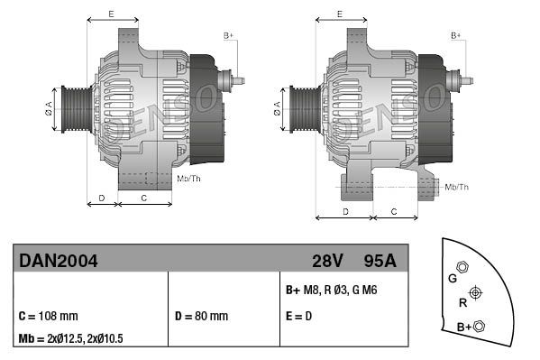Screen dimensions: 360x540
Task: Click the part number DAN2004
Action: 59,261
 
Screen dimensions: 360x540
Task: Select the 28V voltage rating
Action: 327,261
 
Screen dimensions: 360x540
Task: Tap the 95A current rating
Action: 380,261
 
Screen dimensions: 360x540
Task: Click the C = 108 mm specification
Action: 49,317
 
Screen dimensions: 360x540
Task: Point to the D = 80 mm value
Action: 201,317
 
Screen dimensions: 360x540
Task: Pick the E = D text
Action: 301,317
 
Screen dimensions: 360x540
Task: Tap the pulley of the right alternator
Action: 300,109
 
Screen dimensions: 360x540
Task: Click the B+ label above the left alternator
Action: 228,35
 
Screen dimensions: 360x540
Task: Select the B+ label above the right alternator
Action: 456,35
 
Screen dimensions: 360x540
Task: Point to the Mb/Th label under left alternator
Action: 189,178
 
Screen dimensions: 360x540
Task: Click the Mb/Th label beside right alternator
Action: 457,187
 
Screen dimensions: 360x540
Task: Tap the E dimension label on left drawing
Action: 111,14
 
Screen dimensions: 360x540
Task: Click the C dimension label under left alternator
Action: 144,197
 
